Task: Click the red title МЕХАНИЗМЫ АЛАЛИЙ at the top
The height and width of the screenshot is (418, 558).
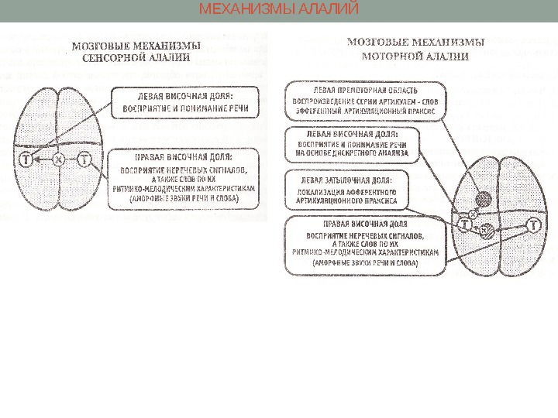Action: click(279, 10)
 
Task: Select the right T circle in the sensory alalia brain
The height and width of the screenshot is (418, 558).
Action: click(84, 160)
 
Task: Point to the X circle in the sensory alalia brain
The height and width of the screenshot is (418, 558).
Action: click(57, 160)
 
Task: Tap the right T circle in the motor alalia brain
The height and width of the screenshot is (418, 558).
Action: click(533, 225)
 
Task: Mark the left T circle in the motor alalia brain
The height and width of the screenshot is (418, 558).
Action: click(464, 224)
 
